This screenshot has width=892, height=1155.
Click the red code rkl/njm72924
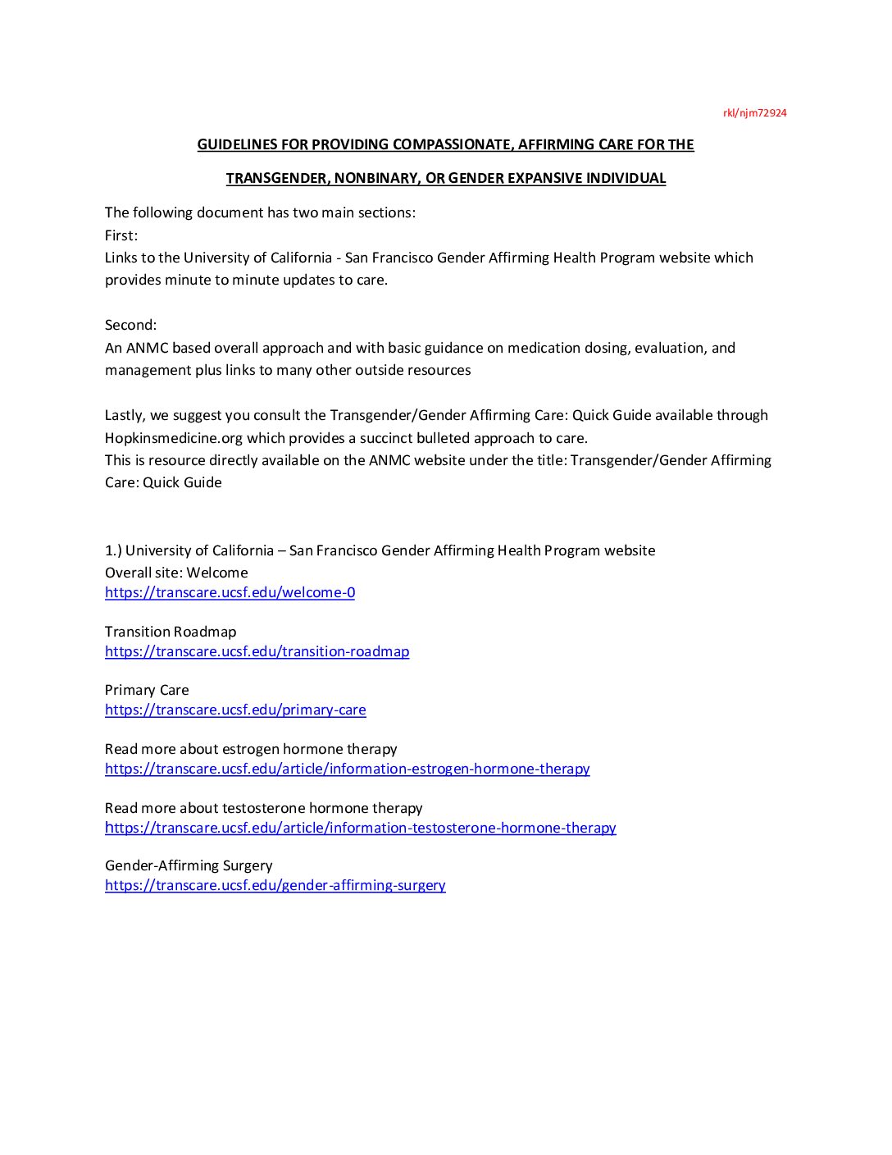(754, 113)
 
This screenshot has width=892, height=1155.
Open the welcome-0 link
(230, 592)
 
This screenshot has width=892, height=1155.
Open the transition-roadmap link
(257, 651)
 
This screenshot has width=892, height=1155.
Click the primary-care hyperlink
(235, 710)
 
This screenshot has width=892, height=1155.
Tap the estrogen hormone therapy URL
(347, 769)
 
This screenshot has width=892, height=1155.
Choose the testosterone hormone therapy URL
(360, 828)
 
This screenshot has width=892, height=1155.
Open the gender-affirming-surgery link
(275, 885)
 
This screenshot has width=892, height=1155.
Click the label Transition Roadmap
(171, 632)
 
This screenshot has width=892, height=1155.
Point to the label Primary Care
(147, 690)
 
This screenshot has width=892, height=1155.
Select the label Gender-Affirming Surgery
(189, 865)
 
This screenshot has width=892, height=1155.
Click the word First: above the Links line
(121, 235)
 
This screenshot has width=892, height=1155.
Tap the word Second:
(130, 325)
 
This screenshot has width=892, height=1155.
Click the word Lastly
(125, 415)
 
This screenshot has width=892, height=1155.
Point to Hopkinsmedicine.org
(174, 438)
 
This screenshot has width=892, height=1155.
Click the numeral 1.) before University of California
(113, 550)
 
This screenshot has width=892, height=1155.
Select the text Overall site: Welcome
(176, 573)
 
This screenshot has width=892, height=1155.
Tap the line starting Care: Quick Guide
(163, 482)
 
